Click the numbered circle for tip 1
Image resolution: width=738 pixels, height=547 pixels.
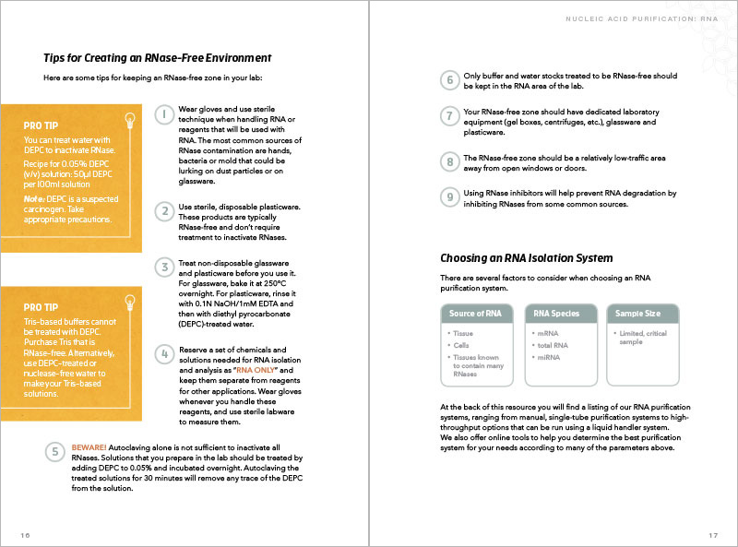tap(163, 115)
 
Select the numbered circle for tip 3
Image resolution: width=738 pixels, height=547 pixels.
tap(163, 268)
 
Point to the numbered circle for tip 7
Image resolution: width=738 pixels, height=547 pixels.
tap(449, 117)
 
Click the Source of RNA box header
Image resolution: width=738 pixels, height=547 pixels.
tap(475, 314)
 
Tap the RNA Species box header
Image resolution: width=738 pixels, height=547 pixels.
tap(557, 314)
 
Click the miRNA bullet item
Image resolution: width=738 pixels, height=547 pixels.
tap(549, 357)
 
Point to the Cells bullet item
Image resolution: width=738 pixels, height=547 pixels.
tap(461, 345)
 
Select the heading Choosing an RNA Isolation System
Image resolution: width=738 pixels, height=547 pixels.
tap(527, 258)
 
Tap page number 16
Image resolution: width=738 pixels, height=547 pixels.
tap(25, 535)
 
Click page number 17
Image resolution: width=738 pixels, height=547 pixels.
tap(713, 535)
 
